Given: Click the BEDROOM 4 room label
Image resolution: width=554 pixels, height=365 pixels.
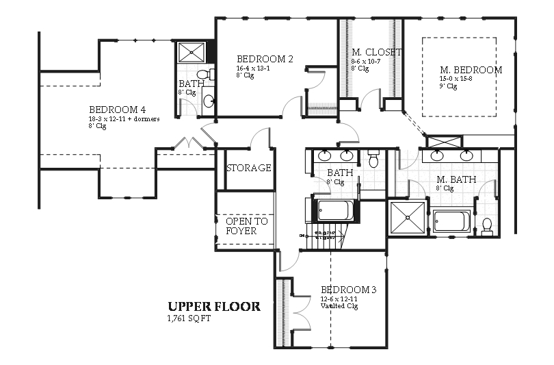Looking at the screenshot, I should (x=117, y=110).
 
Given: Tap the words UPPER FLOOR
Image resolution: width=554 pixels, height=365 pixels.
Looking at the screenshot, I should (x=214, y=307).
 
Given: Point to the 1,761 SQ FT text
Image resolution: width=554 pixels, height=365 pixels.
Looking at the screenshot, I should (x=189, y=319).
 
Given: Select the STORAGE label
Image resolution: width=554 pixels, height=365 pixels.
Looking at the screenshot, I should (x=248, y=168).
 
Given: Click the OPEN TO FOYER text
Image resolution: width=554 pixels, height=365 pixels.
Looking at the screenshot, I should (x=246, y=226).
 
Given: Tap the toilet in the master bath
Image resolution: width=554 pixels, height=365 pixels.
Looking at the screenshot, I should (x=487, y=226).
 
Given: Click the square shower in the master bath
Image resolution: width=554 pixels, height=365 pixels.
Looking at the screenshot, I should (x=407, y=218).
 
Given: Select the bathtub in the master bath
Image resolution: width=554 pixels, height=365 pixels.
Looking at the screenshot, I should (x=451, y=222).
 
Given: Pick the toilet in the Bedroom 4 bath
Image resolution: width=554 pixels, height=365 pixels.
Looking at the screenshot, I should (x=203, y=75).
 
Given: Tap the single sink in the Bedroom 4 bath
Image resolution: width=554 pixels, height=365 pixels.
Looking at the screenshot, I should (x=208, y=101).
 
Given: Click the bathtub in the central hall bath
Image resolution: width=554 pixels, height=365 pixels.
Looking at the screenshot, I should (x=335, y=210).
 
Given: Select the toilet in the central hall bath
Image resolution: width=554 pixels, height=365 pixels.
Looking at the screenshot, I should (x=373, y=160).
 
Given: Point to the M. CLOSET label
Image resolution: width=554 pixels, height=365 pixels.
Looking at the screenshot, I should (x=377, y=52).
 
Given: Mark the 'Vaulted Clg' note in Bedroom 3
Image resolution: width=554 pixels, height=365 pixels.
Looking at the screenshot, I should (x=339, y=307).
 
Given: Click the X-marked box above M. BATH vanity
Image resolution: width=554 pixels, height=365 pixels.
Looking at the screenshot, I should (x=438, y=142).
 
